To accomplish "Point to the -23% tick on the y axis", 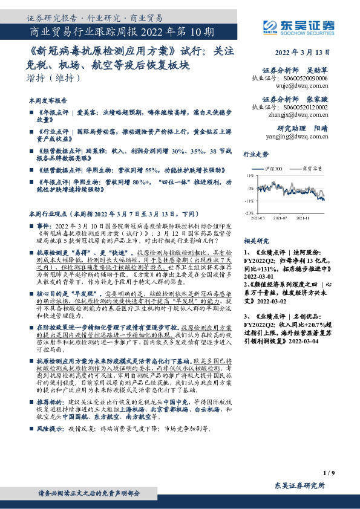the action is pos(249,213).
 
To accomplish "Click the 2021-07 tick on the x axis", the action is pos(280,218).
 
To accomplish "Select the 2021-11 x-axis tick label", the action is pos(303,218).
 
